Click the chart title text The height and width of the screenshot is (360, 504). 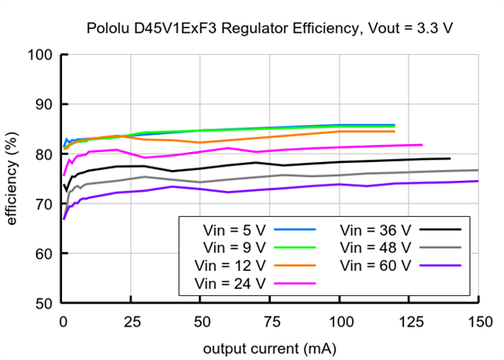pos(269,29)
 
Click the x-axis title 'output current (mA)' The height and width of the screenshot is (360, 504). pos(269,347)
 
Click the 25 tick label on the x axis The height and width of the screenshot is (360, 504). pos(131,321)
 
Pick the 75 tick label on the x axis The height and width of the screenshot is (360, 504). pos(270,321)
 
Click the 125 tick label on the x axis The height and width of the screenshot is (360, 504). pos(409,321)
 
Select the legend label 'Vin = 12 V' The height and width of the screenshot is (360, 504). pos(231,265)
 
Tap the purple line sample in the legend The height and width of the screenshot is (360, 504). pos(439,265)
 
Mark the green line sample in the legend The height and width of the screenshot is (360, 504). pos(293,247)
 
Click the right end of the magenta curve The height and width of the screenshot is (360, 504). pos(422,144)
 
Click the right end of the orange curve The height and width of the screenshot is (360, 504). pos(394,131)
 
